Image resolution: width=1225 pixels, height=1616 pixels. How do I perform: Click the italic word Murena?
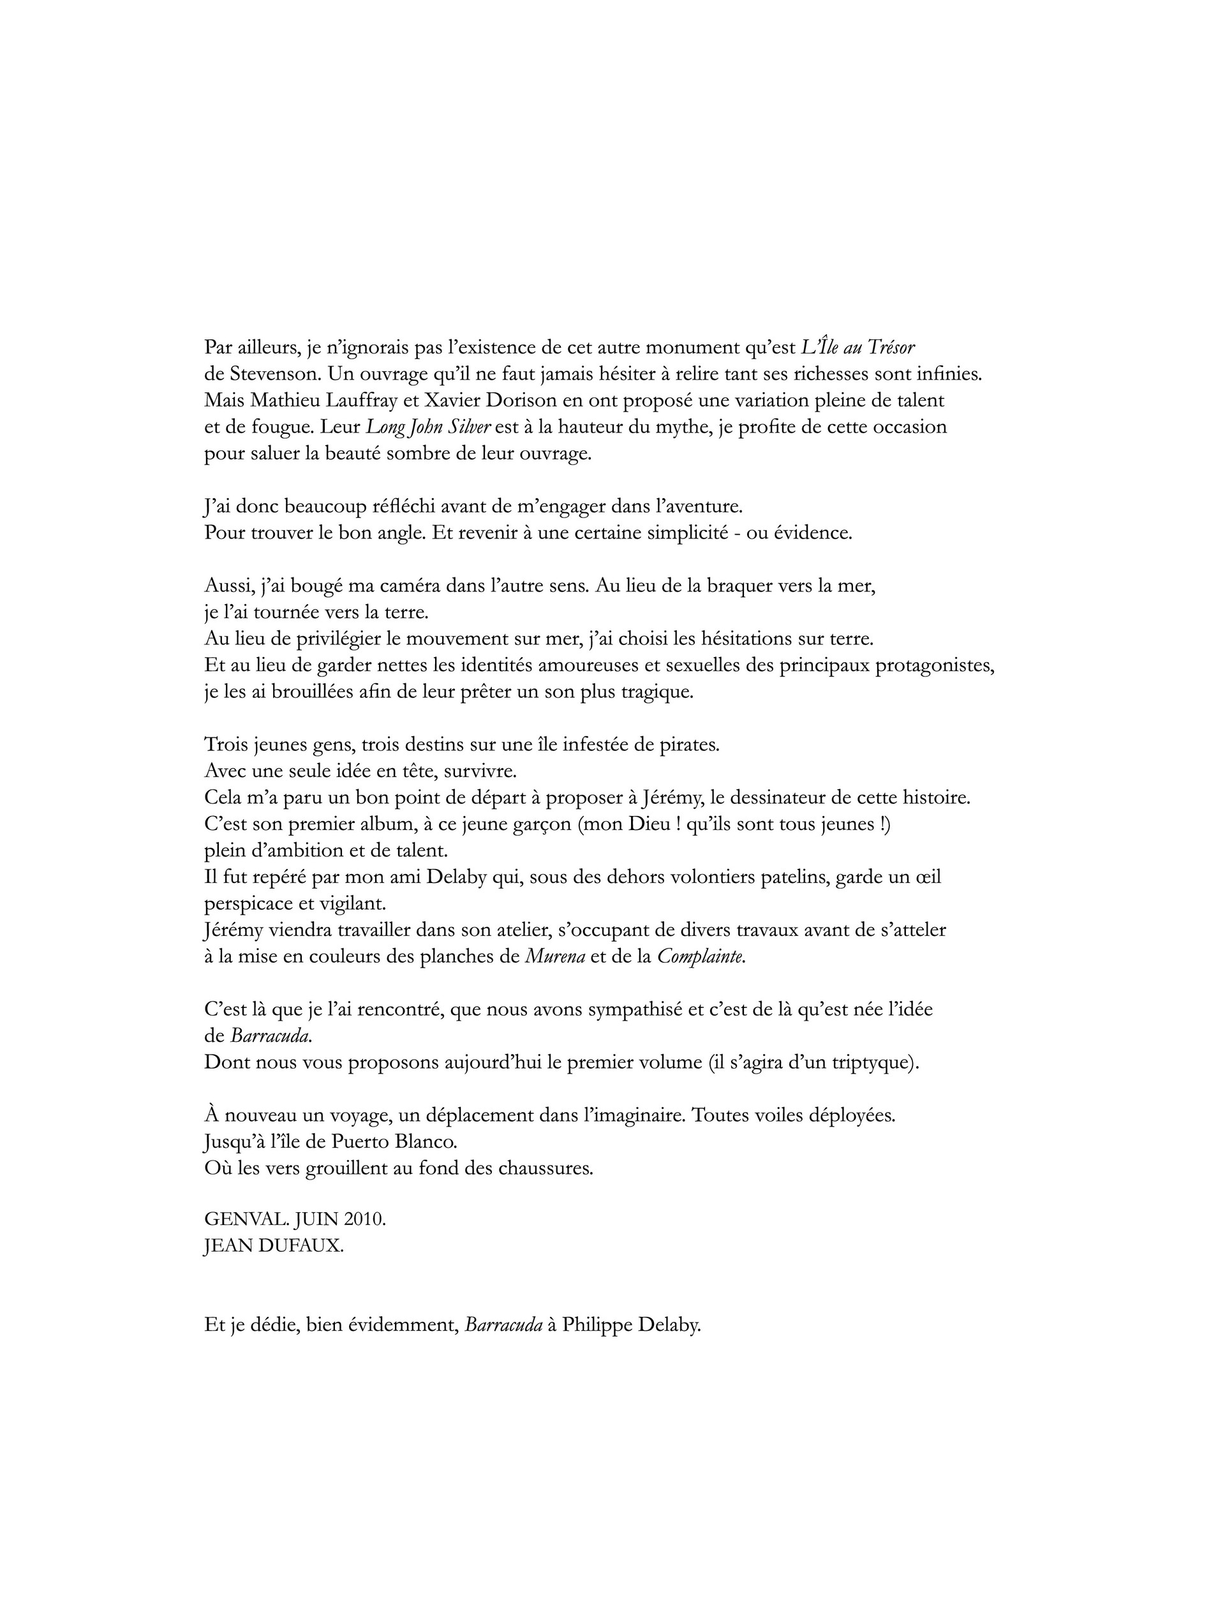(555, 957)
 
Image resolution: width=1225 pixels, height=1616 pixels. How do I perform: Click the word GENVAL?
(239, 1220)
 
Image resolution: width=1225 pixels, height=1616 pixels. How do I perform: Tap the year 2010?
(362, 1220)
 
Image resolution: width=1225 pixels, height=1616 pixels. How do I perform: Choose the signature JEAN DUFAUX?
(273, 1247)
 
